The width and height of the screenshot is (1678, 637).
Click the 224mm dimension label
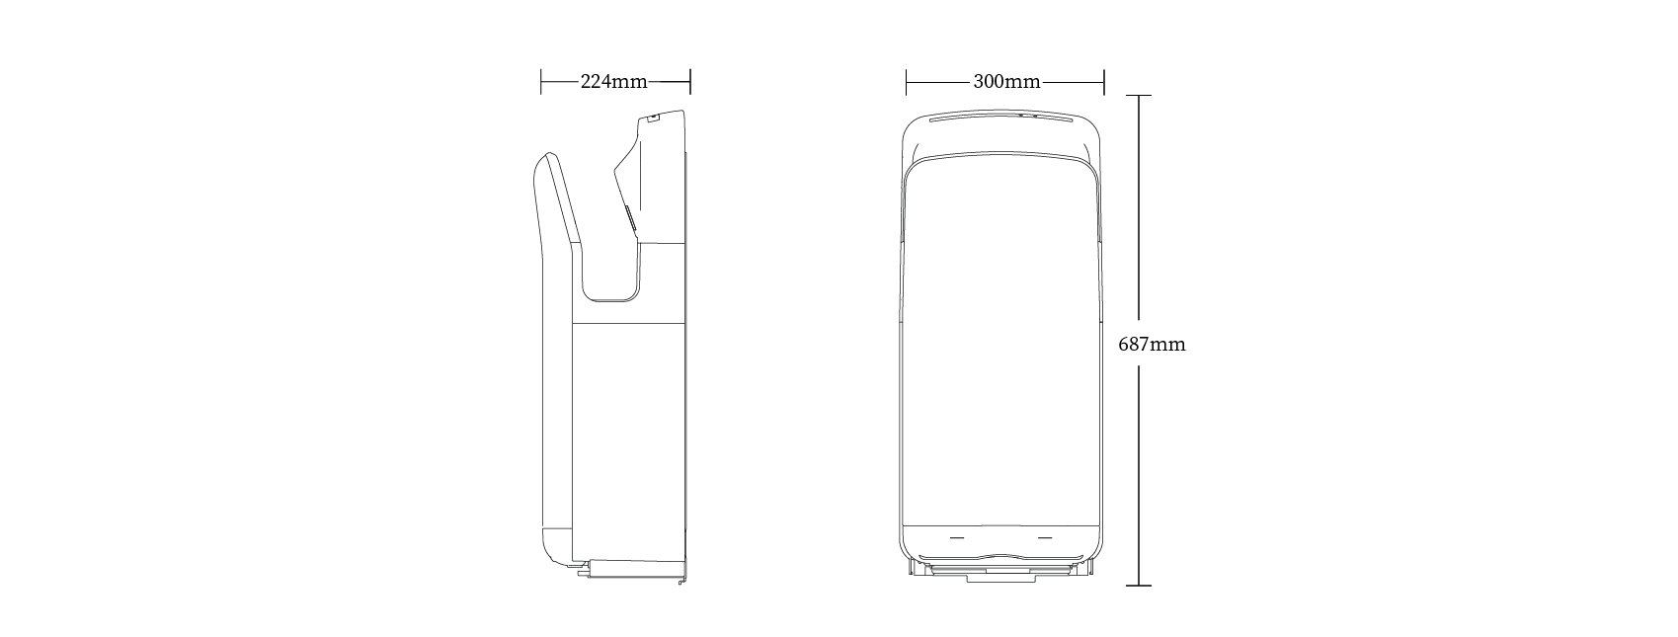pos(613,82)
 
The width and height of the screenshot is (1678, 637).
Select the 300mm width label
pos(1006,82)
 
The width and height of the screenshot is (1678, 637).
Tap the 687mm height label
pos(1152,345)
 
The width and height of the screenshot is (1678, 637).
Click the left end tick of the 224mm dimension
pos(541,82)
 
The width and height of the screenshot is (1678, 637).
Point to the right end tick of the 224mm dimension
pos(690,82)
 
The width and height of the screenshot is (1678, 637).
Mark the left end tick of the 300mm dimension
pos(906,82)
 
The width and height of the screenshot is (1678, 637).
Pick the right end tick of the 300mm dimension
pos(1104,82)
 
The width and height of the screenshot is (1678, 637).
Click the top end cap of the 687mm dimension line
pos(1139,95)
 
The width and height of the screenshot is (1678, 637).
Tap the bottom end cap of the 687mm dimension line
pos(1139,586)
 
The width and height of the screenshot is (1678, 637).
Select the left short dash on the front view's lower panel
pos(957,538)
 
